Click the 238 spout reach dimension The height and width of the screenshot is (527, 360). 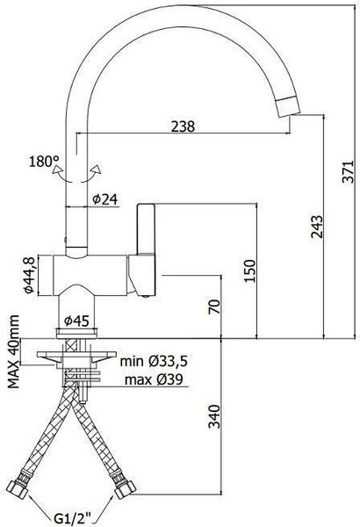tap(183, 126)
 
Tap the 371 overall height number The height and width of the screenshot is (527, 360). tap(348, 172)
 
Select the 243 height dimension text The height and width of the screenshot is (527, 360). tap(316, 227)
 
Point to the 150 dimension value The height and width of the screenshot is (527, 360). tap(249, 271)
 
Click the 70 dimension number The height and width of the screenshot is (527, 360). tap(214, 307)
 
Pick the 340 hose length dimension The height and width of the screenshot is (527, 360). tap(214, 416)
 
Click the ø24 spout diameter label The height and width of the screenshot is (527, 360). tap(105, 199)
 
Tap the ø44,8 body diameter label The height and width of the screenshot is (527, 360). tap(29, 275)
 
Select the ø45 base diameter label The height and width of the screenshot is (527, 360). tap(76, 321)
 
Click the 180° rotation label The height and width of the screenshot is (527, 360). tap(44, 162)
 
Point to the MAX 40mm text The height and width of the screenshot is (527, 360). tap(13, 352)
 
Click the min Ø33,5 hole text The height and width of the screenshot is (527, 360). tap(154, 361)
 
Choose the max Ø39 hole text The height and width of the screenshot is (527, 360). tap(154, 379)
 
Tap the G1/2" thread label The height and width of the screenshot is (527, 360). tap(72, 516)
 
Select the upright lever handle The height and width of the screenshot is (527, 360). tap(146, 229)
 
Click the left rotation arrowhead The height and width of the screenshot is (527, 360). tap(57, 169)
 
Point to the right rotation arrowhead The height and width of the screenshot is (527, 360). tap(97, 169)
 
